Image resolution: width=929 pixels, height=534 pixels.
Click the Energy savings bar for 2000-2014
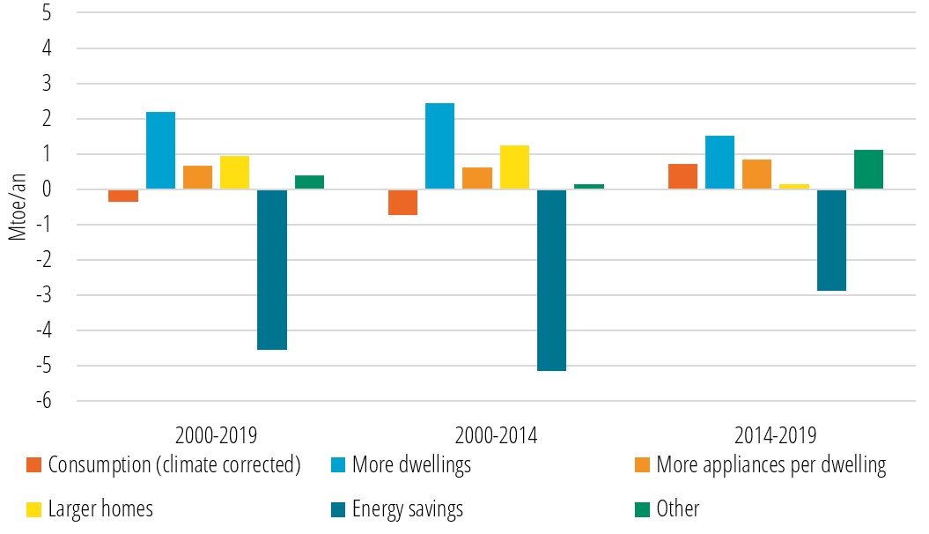[551, 280]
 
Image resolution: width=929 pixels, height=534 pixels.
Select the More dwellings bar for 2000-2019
[160, 151]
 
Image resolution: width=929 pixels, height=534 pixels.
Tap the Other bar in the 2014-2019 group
[868, 169]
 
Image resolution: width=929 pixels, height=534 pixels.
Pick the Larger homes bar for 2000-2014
[514, 167]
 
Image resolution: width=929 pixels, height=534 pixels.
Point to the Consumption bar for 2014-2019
[682, 176]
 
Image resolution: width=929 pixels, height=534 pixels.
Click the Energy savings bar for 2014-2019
[831, 240]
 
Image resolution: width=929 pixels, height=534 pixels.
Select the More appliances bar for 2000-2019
[197, 177]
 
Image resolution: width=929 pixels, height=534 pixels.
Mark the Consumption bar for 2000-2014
[402, 202]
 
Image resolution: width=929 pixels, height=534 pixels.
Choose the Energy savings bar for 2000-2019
[271, 270]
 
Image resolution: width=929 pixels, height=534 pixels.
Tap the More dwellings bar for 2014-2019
[719, 162]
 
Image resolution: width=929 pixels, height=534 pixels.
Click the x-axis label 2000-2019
[216, 435]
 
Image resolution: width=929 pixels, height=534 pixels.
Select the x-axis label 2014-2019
[775, 435]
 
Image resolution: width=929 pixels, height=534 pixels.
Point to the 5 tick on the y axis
[46, 13]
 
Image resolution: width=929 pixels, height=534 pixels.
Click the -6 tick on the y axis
[42, 401]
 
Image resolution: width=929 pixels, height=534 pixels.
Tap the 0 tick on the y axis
[46, 189]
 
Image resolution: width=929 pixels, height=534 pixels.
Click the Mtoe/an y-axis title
[15, 206]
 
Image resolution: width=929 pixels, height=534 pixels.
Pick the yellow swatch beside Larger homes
[34, 508]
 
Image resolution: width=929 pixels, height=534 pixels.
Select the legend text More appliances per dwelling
[770, 464]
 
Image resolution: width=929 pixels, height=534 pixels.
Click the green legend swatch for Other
[642, 508]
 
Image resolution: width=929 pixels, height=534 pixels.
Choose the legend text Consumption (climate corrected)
[174, 464]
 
